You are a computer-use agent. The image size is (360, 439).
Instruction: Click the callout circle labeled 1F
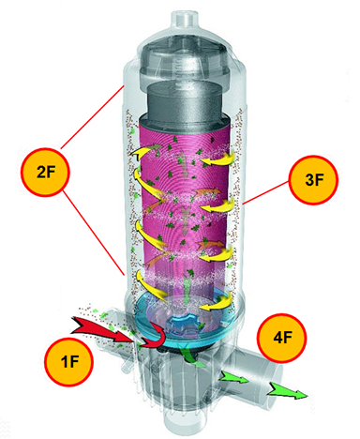tap(68, 362)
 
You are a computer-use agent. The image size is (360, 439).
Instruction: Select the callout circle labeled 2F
tap(45, 173)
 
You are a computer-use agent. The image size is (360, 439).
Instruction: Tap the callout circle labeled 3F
tap(313, 180)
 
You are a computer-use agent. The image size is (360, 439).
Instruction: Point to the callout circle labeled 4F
tap(282, 338)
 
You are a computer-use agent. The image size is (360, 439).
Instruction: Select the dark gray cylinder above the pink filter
tap(185, 101)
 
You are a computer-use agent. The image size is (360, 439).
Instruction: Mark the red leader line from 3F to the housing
tap(266, 192)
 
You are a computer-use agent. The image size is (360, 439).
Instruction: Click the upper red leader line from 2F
tap(91, 117)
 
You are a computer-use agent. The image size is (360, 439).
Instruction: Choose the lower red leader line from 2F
tap(94, 233)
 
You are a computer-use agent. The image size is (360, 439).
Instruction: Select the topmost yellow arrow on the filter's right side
tap(217, 159)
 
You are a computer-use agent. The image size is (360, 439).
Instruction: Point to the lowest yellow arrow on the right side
tap(216, 303)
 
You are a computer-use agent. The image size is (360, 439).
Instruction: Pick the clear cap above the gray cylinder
tap(185, 64)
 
